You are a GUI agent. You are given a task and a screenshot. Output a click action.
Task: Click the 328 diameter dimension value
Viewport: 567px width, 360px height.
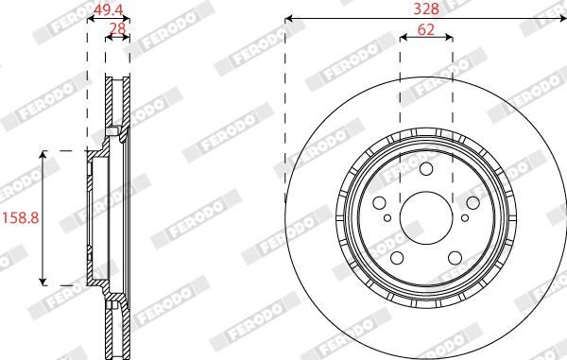(x=426, y=9)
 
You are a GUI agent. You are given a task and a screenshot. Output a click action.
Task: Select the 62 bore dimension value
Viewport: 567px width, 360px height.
(x=426, y=29)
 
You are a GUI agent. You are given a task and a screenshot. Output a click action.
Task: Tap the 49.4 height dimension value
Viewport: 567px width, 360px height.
(x=108, y=10)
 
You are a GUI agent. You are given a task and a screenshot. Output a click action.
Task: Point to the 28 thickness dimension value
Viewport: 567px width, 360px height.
(x=117, y=28)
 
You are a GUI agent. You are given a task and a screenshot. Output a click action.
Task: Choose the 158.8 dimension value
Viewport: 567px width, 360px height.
(x=21, y=218)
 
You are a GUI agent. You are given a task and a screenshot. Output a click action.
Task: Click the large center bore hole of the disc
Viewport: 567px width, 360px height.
(x=426, y=218)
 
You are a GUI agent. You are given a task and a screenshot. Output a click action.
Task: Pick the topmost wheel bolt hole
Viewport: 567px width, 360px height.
(x=426, y=169)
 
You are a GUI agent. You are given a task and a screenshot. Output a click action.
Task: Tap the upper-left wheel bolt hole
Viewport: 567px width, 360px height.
(x=379, y=203)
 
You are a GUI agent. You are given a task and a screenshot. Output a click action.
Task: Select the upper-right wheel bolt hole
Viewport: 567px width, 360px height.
(x=473, y=203)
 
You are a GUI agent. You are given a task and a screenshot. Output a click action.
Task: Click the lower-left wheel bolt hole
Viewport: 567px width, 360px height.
(x=397, y=258)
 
